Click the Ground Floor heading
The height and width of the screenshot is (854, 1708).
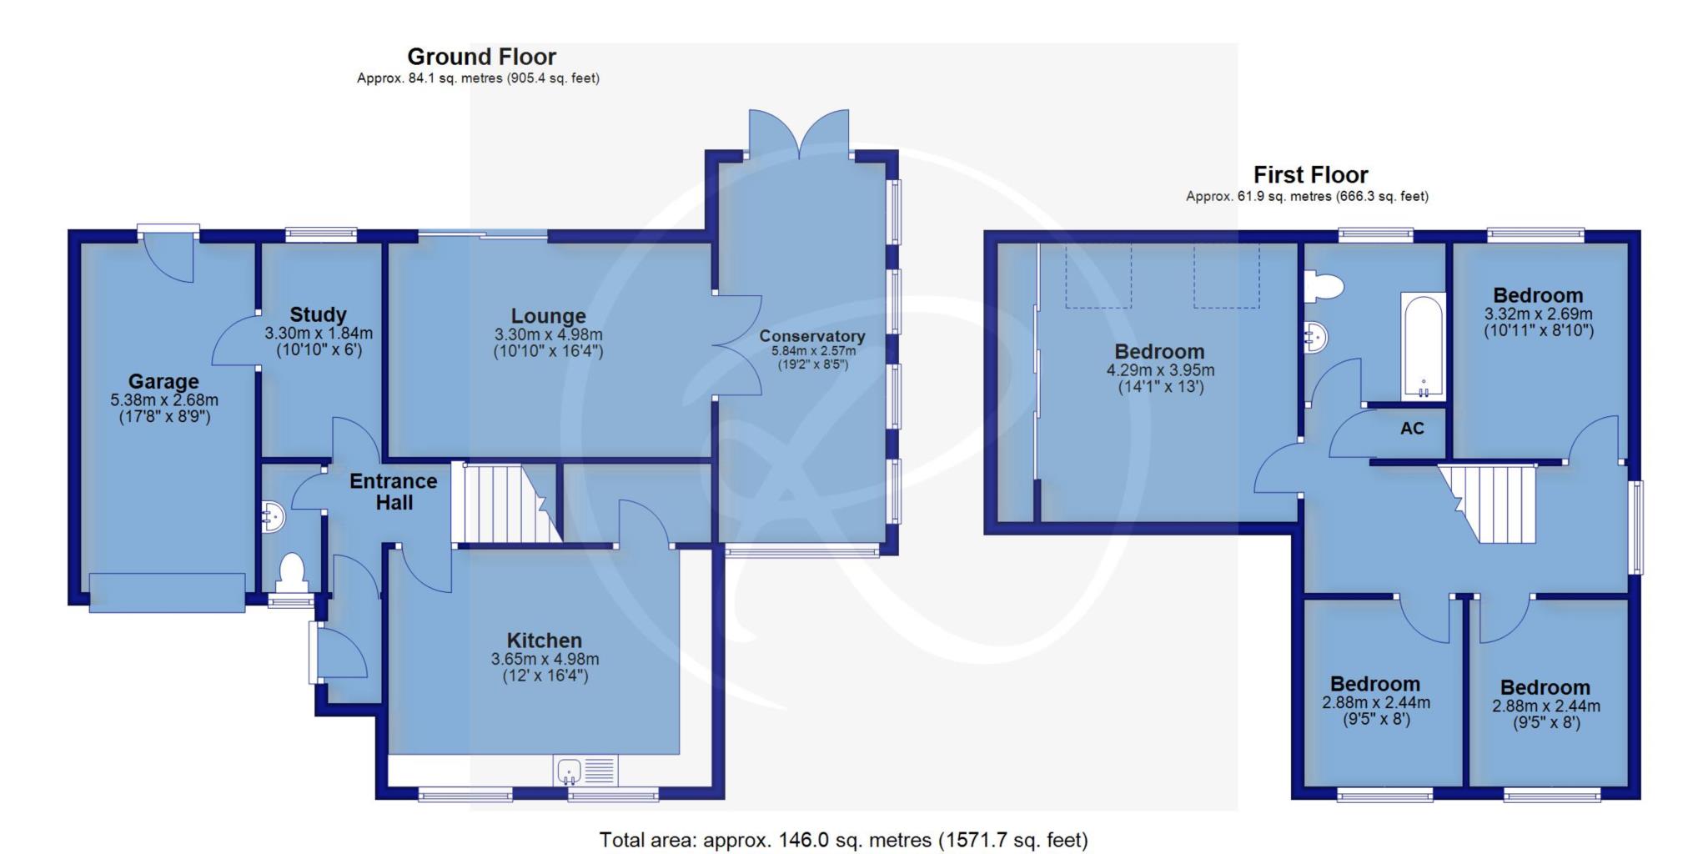[x=481, y=57]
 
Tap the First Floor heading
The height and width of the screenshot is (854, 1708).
[x=1310, y=175]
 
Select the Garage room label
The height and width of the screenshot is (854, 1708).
[x=163, y=382]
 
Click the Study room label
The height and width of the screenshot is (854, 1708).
[x=318, y=315]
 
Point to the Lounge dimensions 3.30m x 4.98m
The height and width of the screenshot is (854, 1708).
[x=548, y=334]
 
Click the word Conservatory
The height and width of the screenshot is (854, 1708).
[x=811, y=336]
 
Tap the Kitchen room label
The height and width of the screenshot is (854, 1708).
[x=545, y=640]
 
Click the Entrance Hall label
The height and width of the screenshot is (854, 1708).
[x=394, y=492]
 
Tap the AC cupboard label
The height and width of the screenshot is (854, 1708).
[x=1412, y=429]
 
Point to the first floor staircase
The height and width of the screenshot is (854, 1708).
[x=1489, y=504]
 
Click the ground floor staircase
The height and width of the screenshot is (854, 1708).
[x=505, y=503]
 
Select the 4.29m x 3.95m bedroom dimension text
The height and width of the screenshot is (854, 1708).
[x=1160, y=370]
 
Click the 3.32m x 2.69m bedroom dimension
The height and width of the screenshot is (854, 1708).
[x=1538, y=314]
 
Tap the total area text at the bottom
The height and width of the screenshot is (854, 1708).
[x=843, y=840]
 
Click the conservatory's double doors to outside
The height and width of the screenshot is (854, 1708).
[x=800, y=133]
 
